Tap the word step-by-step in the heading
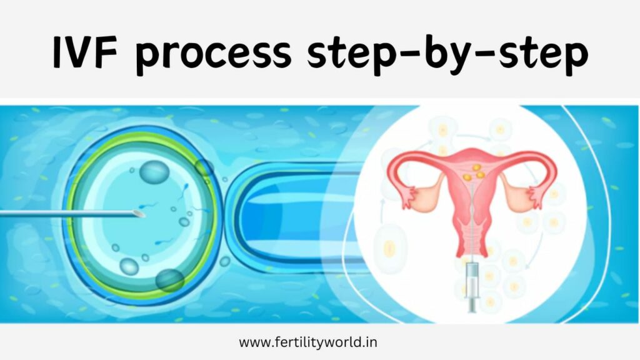pos(447,55)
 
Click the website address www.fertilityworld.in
pos(307,342)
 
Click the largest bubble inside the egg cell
pos(152,172)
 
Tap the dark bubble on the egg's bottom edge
pos(169,280)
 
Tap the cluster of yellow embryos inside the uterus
pos(474,172)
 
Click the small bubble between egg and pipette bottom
pos(225,262)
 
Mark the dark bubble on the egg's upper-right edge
pos(204,167)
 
